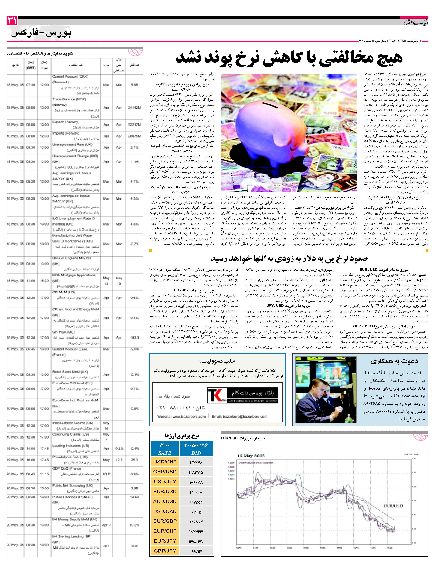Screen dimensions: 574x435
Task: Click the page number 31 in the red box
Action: (x=12, y=20)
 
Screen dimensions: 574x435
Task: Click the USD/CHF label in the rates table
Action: (x=165, y=462)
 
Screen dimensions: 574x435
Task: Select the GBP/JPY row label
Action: (x=165, y=551)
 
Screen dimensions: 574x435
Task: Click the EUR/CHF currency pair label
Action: (x=165, y=531)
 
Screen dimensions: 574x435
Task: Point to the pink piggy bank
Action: (x=270, y=130)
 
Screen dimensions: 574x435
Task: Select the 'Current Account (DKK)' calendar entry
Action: (x=70, y=77)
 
